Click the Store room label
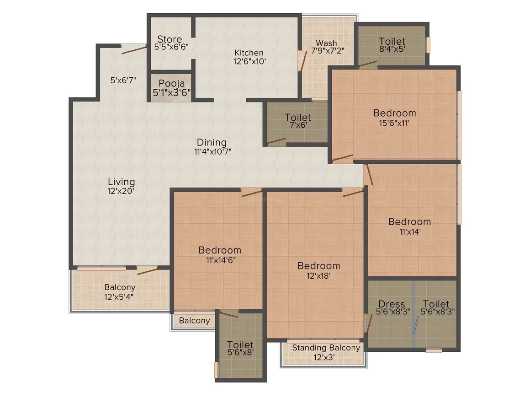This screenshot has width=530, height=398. click(x=170, y=39)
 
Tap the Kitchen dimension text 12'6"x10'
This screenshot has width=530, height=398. click(x=249, y=61)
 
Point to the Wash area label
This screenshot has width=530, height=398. click(x=327, y=43)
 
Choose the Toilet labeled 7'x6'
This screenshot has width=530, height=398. click(x=297, y=122)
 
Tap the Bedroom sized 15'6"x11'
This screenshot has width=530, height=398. click(x=394, y=117)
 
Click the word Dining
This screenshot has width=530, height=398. click(x=212, y=142)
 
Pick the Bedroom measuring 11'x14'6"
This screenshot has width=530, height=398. click(x=219, y=255)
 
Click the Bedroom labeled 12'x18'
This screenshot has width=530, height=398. click(x=318, y=270)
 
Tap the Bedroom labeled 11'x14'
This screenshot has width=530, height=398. click(x=409, y=226)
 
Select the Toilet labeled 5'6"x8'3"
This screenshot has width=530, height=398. click(x=435, y=308)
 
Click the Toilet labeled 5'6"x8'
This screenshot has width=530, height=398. click(x=240, y=349)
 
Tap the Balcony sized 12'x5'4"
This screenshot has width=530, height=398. click(x=120, y=292)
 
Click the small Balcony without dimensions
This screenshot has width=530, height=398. click(x=194, y=321)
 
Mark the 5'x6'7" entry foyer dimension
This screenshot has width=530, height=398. click(x=122, y=80)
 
